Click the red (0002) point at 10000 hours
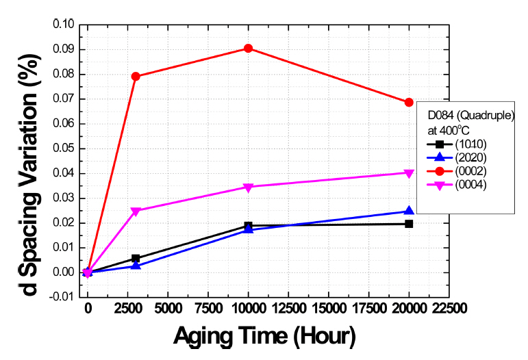[x=248, y=48]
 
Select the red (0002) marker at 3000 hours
[x=136, y=76]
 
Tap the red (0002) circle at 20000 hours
[x=409, y=102]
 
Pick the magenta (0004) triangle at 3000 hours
[x=136, y=211]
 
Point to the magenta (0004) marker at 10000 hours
[x=248, y=187]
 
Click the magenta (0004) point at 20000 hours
[x=409, y=172]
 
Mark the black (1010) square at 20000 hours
[x=409, y=224]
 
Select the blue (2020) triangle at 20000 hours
[x=409, y=211]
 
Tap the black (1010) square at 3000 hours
[x=136, y=258]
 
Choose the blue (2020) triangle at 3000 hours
[x=136, y=265]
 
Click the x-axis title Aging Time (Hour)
[x=264, y=337]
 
